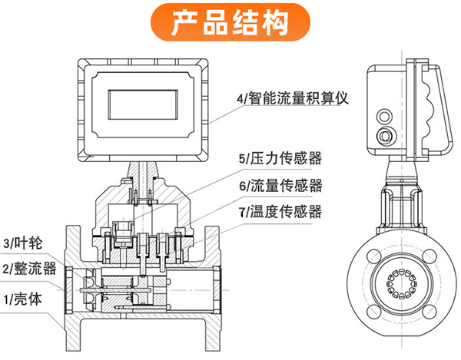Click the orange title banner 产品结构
click(230, 22)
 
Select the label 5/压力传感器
click(280, 159)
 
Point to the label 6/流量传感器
click(280, 185)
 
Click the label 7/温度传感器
click(280, 211)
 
